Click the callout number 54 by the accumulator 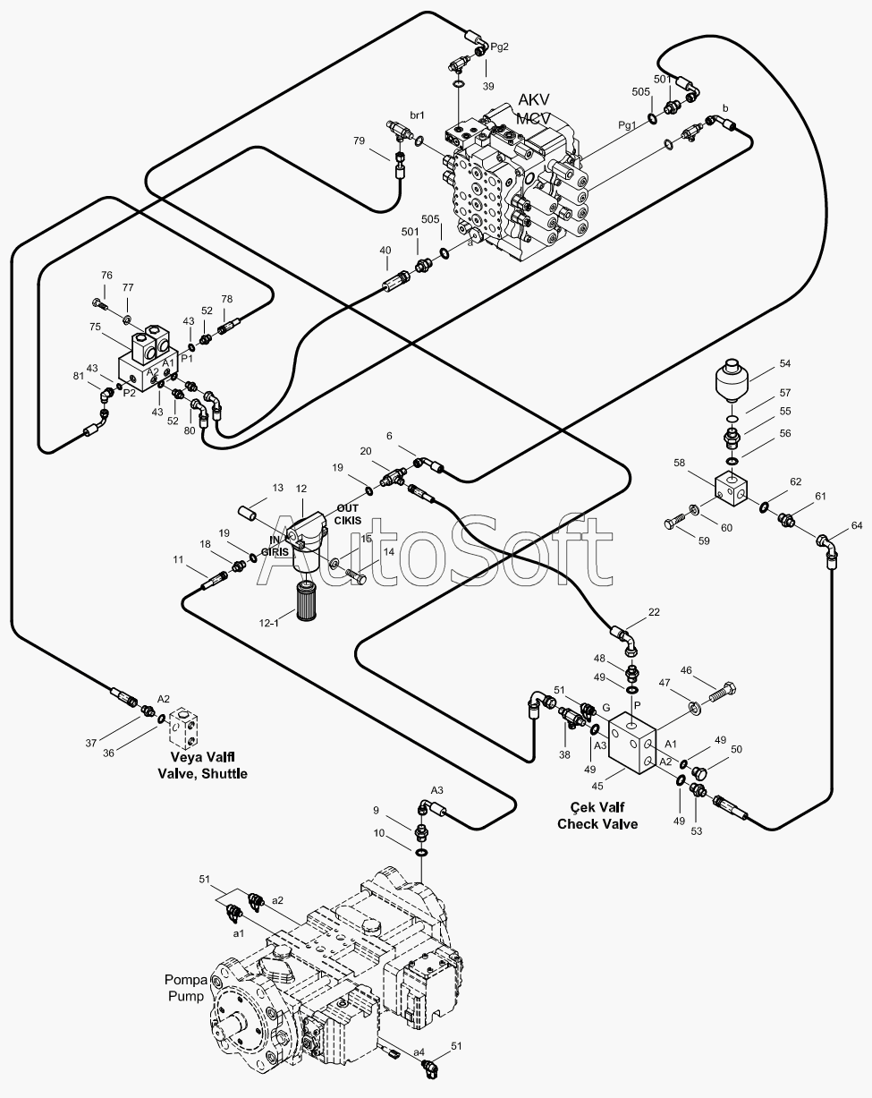coord(785,363)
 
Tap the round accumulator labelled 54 coord(732,380)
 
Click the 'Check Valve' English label coord(597,824)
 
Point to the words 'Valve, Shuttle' coord(202,773)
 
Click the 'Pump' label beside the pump coord(186,995)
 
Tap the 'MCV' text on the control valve coord(533,118)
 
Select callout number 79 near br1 coord(359,140)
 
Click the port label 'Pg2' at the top coord(500,47)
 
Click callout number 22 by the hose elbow coord(654,612)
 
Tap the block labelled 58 coord(732,489)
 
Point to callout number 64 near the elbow coord(857,525)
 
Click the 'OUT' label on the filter coord(348,508)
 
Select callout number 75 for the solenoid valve coord(95,327)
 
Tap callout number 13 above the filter coord(277,488)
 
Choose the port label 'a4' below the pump coord(419,1052)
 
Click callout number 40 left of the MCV coord(385,250)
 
